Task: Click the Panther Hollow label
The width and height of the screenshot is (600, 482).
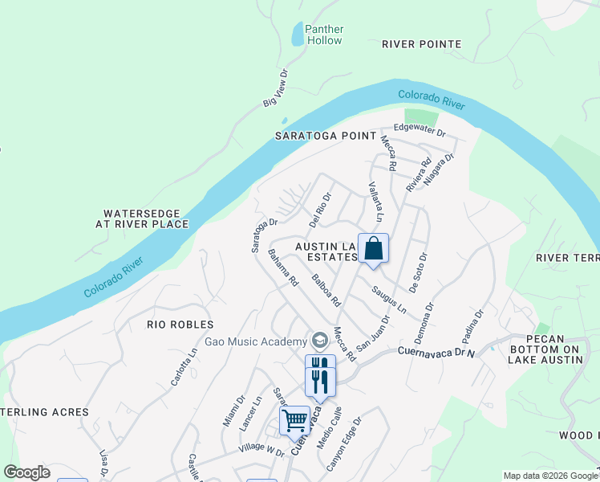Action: click(323, 35)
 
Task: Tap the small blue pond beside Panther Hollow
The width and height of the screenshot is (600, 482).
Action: click(298, 35)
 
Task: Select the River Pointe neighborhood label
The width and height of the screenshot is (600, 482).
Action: click(421, 44)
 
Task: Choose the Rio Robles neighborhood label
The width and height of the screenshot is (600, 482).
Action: click(180, 325)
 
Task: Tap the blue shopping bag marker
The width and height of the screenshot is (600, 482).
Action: click(373, 248)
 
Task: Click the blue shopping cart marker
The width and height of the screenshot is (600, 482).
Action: click(294, 420)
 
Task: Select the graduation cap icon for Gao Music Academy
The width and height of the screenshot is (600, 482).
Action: click(320, 341)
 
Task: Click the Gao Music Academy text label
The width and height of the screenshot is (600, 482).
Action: click(256, 341)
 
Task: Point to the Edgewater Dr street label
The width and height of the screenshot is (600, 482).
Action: click(420, 129)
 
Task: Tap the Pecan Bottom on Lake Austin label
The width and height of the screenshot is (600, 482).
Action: click(544, 349)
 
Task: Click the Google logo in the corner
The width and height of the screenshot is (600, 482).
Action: click(26, 472)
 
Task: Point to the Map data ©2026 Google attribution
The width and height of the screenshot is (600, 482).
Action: click(549, 476)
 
